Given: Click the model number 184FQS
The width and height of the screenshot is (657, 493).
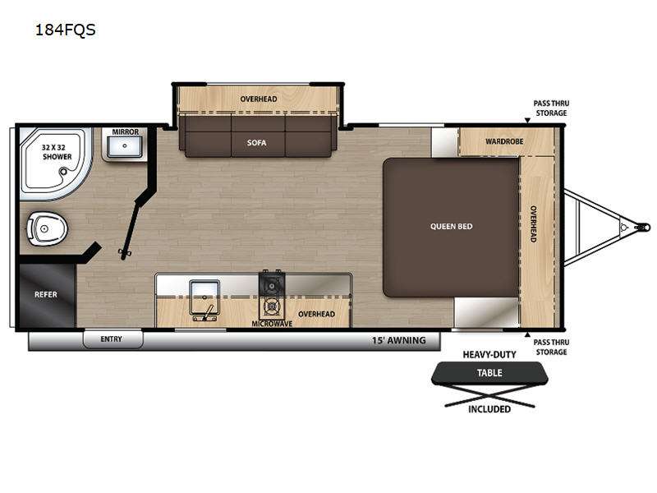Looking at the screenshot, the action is [66, 30].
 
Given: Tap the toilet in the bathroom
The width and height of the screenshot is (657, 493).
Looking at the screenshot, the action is [47, 228].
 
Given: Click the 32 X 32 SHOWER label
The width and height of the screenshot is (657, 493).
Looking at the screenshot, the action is [57, 152].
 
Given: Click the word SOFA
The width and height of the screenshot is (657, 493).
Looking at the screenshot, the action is [256, 143].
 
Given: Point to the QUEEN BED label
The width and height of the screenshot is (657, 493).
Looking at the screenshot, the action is [451, 227].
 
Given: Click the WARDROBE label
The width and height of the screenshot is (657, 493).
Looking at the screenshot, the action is [504, 141].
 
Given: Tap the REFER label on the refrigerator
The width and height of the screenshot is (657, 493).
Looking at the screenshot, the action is [46, 295].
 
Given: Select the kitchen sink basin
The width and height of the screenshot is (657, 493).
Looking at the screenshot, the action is [204, 297].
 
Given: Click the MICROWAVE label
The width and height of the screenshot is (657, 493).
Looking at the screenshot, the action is [272, 324].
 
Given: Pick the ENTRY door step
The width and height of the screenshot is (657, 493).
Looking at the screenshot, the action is [113, 339].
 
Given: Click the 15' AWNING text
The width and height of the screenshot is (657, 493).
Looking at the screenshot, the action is [399, 340].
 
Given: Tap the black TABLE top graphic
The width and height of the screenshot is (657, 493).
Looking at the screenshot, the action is [489, 373].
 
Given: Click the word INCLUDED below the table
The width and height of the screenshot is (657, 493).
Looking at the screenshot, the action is [489, 409].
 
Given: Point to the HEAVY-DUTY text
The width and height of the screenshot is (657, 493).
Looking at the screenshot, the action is [489, 355].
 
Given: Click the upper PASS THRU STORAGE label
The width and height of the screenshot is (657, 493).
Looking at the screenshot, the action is [551, 108].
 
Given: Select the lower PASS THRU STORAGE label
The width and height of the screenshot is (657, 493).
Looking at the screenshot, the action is [551, 347].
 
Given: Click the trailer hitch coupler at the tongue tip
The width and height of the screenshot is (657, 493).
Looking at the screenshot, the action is [641, 228].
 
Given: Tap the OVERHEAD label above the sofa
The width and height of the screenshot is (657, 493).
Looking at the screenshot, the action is [259, 99].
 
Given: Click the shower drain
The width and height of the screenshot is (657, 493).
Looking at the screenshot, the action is [63, 171].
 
